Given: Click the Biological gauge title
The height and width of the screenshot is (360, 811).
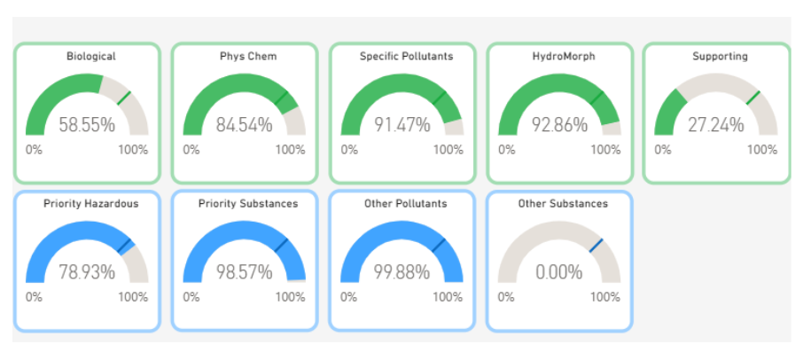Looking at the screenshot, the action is pyautogui.click(x=91, y=57).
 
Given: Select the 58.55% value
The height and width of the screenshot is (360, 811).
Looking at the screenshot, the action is pyautogui.click(x=87, y=125).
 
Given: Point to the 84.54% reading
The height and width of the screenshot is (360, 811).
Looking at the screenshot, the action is pyautogui.click(x=244, y=125).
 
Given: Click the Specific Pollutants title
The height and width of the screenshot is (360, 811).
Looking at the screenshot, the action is pyautogui.click(x=407, y=57).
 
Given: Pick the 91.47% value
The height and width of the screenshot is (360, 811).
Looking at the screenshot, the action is pyautogui.click(x=402, y=125).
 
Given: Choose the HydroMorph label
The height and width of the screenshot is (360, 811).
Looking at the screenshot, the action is pyautogui.click(x=564, y=57).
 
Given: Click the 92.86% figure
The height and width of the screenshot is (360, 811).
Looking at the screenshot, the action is pyautogui.click(x=559, y=125).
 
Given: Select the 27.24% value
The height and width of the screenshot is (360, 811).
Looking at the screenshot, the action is pyautogui.click(x=716, y=125).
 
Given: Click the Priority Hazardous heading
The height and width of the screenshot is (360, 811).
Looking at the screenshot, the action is pyautogui.click(x=91, y=204).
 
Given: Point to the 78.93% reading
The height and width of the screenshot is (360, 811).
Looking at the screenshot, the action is pyautogui.click(x=87, y=272).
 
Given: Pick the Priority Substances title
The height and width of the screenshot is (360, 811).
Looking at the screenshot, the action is pyautogui.click(x=248, y=204).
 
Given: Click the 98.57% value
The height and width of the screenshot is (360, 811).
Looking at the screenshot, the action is pyautogui.click(x=244, y=272).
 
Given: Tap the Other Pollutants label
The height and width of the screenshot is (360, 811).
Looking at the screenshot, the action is pyautogui.click(x=406, y=204).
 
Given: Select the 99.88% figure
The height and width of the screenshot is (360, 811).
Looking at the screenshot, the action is pyautogui.click(x=402, y=272).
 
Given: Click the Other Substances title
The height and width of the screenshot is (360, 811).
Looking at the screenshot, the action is pyautogui.click(x=563, y=204).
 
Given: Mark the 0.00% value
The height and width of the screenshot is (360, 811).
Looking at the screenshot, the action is pyautogui.click(x=559, y=272).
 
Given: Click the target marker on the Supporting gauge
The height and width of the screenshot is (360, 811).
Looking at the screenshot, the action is pyautogui.click(x=753, y=98).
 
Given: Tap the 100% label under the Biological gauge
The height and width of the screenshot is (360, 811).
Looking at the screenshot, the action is pyautogui.click(x=134, y=150).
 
